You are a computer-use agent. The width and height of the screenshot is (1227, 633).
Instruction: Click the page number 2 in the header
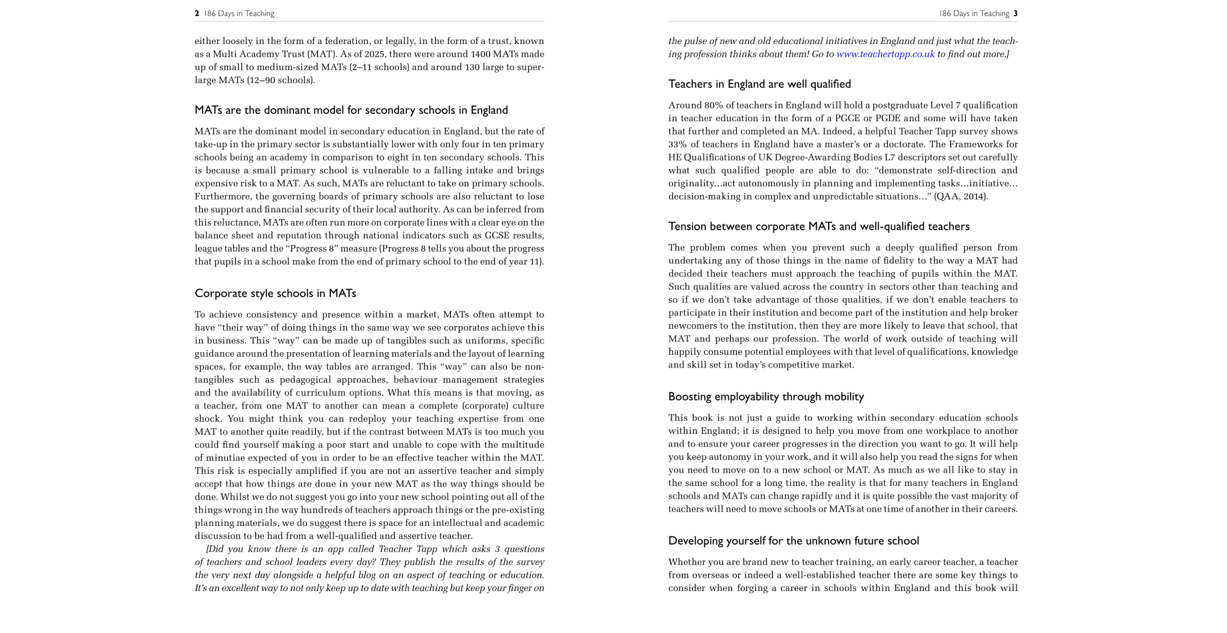197,13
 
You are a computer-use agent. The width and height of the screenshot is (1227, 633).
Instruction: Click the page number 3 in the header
1015,13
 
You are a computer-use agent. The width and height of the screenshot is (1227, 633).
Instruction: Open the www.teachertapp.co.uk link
885,54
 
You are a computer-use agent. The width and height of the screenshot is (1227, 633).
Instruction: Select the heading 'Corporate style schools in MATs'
275,294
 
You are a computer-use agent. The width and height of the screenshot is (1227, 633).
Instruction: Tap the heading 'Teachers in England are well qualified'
759,84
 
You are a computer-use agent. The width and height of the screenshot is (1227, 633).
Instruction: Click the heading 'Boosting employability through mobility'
766,397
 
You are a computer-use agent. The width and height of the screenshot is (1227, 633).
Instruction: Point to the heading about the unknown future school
793,541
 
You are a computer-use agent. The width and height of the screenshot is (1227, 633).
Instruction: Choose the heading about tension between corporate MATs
819,226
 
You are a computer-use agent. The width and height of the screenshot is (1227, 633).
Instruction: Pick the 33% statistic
677,144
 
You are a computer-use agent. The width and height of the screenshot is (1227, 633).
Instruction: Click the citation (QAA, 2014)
961,196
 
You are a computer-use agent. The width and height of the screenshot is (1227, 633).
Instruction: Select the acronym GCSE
498,236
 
